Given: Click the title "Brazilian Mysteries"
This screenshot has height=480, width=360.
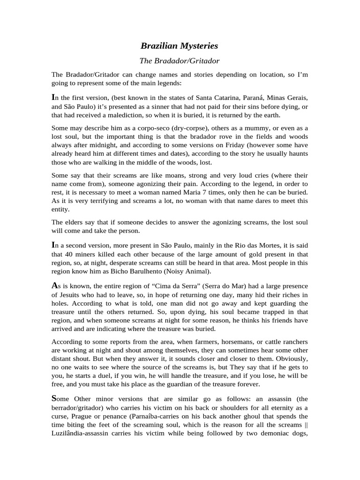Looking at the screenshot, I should point(180,46).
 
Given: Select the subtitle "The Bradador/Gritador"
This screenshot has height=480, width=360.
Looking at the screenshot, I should point(180,61).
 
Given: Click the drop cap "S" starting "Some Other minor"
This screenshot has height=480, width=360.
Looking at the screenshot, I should point(54,398).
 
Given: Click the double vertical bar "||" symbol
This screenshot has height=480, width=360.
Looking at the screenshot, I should point(305,425).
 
